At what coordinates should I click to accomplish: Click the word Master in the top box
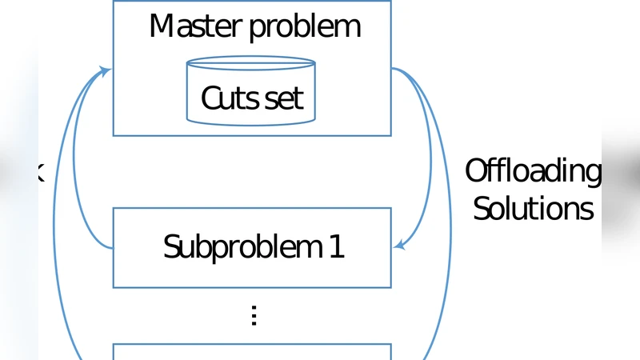tap(195, 26)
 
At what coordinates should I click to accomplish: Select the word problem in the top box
tap(305, 28)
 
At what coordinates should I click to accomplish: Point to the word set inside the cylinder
tap(284, 98)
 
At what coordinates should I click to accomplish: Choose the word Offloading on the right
tap(533, 171)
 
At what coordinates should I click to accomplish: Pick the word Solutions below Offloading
tap(533, 208)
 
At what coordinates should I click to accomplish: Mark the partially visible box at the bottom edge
tap(251, 352)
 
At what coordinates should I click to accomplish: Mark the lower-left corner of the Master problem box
tap(114, 135)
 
